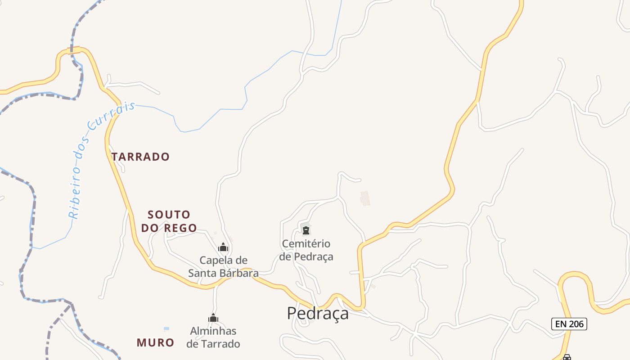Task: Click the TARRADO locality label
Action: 140,157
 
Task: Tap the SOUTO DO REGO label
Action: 169,221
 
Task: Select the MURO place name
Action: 155,342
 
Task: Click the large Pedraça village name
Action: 318,313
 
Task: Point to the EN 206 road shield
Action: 569,324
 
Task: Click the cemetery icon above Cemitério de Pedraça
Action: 306,231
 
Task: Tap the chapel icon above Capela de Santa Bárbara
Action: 223,247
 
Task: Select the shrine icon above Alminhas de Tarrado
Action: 213,318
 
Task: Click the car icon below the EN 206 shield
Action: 567,357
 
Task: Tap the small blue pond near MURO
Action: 166,328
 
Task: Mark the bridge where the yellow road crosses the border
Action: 74,50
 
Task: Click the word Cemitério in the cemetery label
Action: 306,244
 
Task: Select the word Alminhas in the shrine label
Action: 213,331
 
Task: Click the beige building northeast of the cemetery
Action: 365,198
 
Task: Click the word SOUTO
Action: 169,214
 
